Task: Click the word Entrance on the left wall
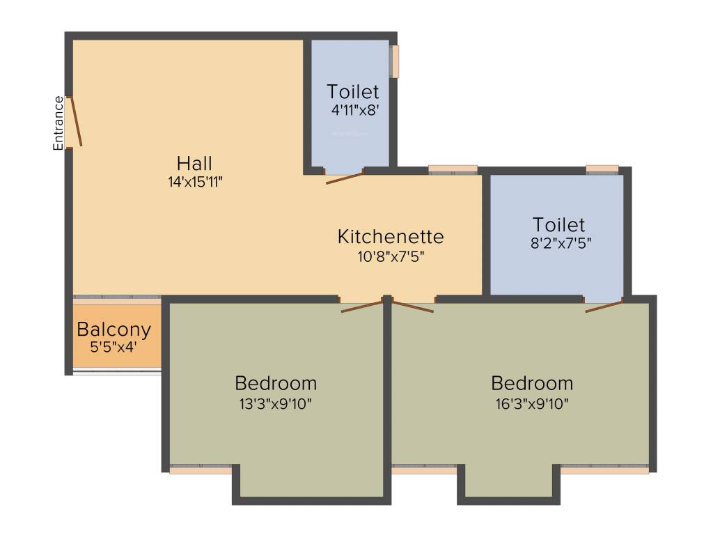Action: pyautogui.click(x=58, y=123)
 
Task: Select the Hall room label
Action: pyautogui.click(x=194, y=164)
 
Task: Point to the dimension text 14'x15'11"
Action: pyautogui.click(x=194, y=182)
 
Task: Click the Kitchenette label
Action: pyautogui.click(x=390, y=237)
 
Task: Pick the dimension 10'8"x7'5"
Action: pyautogui.click(x=390, y=256)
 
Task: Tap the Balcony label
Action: pyautogui.click(x=114, y=329)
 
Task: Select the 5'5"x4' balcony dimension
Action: pyautogui.click(x=114, y=346)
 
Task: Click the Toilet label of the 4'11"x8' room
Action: pyautogui.click(x=353, y=92)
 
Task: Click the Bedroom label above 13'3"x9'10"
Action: pyautogui.click(x=276, y=383)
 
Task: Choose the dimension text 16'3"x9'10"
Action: pyautogui.click(x=532, y=403)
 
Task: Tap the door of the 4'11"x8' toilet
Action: pyautogui.click(x=344, y=178)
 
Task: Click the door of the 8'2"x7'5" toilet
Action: pyautogui.click(x=603, y=307)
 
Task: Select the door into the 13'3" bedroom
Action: pyautogui.click(x=362, y=306)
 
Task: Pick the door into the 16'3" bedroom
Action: pyautogui.click(x=413, y=306)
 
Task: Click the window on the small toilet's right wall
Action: pyautogui.click(x=395, y=62)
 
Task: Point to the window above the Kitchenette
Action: pyautogui.click(x=453, y=169)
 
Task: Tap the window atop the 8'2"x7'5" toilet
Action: pyautogui.click(x=602, y=169)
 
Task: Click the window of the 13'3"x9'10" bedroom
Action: pyautogui.click(x=201, y=470)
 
